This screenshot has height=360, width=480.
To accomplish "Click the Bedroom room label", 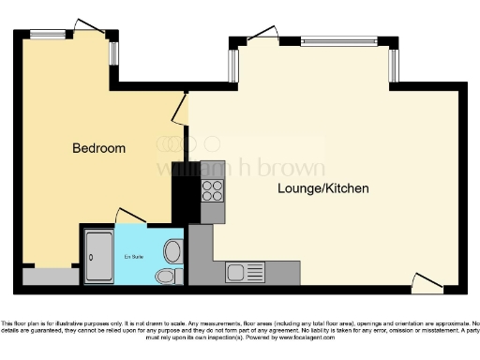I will (98, 149).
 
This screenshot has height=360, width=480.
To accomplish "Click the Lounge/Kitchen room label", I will (322, 189).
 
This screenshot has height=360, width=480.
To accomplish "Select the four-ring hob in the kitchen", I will (212, 191).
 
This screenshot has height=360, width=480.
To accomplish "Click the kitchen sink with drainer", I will (246, 273).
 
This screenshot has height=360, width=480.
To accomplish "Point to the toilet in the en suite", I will (166, 276).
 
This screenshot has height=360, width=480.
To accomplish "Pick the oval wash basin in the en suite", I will (172, 250).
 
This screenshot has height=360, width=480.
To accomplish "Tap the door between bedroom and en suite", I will (130, 216).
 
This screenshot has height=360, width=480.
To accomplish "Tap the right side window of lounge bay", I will (395, 62).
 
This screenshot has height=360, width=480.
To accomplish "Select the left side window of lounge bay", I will (235, 62).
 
